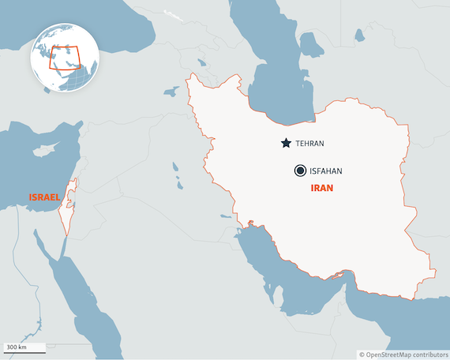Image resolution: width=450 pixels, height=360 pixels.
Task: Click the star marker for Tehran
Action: [285, 144]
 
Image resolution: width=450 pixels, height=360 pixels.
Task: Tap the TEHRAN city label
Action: [309, 144]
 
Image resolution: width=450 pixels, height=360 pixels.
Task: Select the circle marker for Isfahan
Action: [300, 171]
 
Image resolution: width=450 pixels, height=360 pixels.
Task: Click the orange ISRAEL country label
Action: [44, 197]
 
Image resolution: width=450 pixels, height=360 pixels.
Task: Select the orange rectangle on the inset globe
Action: [64, 58]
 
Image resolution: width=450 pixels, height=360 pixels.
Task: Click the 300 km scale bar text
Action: [16, 347]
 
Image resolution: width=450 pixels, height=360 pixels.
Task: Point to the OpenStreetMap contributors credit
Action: [402, 354]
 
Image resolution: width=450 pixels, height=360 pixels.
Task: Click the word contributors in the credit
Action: [426, 354]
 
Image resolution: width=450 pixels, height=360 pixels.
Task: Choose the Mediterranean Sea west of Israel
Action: [32, 170]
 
